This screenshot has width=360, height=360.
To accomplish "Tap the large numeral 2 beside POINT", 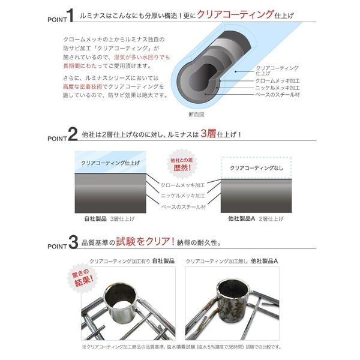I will (x=73, y=134).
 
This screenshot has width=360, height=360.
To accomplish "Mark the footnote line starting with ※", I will (x=180, y=347).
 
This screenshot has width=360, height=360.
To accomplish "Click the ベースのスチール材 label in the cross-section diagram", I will (x=278, y=95).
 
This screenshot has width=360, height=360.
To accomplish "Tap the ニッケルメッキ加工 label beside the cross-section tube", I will (x=278, y=87).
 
